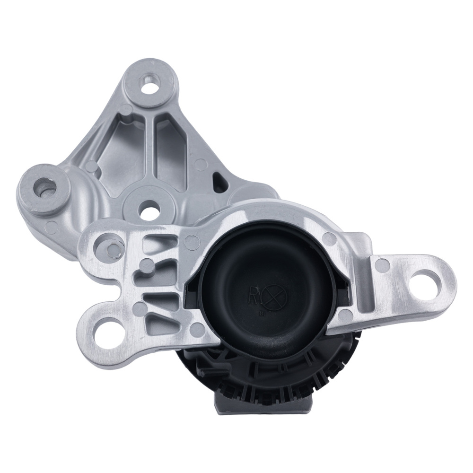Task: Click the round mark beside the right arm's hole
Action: [x=384, y=265]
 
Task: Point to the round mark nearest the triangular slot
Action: [x=201, y=164]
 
